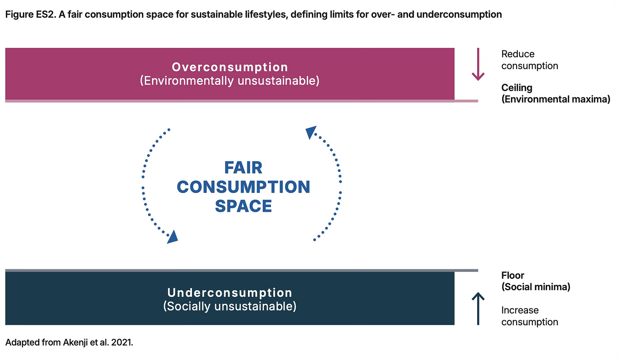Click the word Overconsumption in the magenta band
230,67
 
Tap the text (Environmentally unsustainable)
230,80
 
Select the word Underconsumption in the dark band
230,293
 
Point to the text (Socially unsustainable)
230,306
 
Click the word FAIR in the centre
243,168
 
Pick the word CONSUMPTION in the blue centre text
243,187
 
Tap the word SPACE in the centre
243,206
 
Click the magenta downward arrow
478,64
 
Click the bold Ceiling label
517,88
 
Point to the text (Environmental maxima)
556,99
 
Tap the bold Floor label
513,275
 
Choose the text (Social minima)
536,287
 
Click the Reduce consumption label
529,60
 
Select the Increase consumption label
529,316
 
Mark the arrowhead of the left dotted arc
172,237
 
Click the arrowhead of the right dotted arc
311,132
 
